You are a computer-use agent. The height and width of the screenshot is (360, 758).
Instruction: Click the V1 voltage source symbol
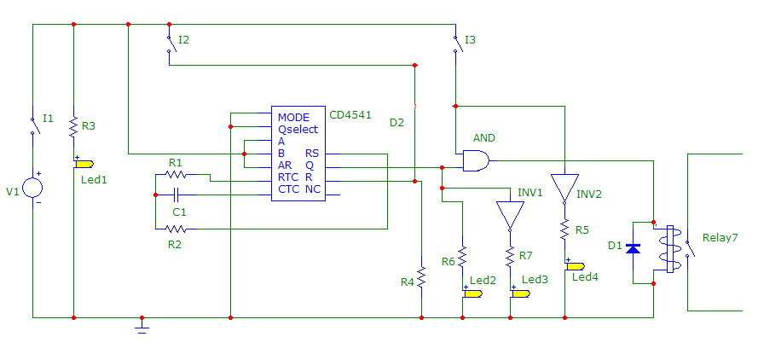click(x=32, y=188)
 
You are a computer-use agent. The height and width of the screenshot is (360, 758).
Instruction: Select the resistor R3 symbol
click(x=74, y=126)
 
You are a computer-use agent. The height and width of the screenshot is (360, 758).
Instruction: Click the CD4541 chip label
click(x=350, y=114)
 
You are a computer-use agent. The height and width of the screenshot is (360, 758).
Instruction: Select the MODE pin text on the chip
click(x=293, y=117)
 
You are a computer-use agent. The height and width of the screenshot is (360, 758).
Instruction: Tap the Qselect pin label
click(x=298, y=130)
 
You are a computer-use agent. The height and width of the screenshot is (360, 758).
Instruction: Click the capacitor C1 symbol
click(x=177, y=195)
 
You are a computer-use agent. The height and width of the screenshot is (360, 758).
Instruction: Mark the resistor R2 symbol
click(x=176, y=229)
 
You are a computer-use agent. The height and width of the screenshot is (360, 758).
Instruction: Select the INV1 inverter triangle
click(x=509, y=214)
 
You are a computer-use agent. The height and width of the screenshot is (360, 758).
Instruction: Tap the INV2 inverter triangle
click(x=564, y=188)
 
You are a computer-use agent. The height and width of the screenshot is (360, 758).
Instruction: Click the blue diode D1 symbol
click(x=633, y=248)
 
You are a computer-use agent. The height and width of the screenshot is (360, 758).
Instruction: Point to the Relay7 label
click(x=720, y=237)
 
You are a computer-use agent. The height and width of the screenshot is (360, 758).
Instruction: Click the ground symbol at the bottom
click(x=142, y=325)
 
